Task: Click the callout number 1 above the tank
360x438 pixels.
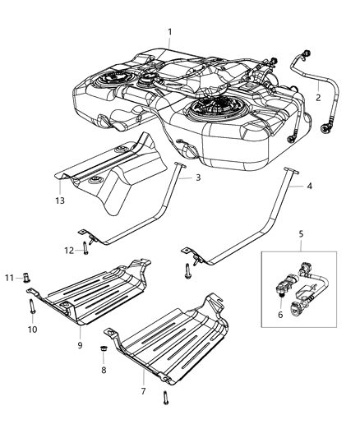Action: [x=169, y=32]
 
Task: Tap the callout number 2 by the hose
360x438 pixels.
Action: [x=317, y=98]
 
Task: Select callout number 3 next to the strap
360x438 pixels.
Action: [x=197, y=177]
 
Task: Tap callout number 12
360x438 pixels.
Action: [x=69, y=250]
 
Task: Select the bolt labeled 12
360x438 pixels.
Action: [x=85, y=250]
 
